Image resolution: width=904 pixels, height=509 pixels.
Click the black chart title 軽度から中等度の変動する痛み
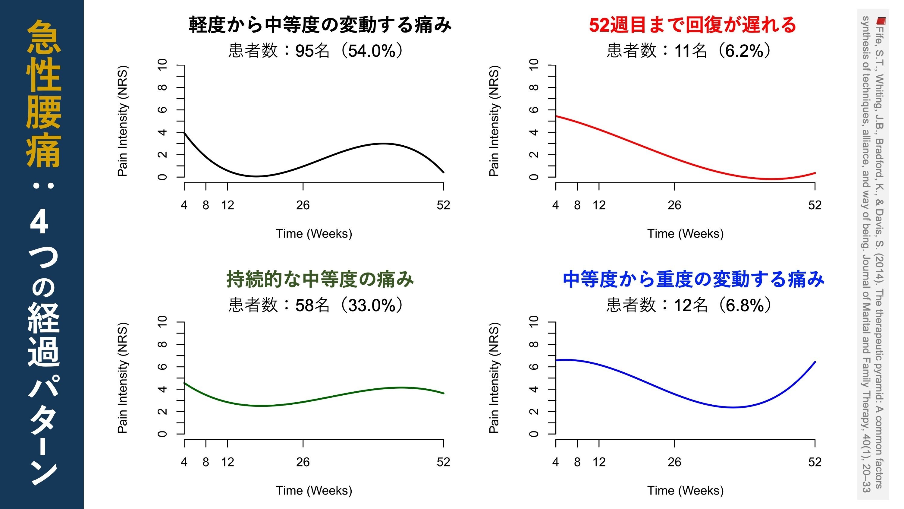(320, 25)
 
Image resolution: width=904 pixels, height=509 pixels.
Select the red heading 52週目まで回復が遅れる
(692, 25)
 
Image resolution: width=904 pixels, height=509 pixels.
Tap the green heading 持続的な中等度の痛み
(320, 280)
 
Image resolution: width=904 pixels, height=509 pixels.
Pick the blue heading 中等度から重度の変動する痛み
(693, 280)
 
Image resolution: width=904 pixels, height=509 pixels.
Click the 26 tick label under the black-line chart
(303, 205)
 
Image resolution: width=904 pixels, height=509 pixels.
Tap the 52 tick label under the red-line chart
(815, 205)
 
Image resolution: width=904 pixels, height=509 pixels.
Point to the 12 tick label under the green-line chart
(228, 462)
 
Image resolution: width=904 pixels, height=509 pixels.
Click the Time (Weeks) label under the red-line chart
(685, 234)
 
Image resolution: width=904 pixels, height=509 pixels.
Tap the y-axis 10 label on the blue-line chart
(533, 321)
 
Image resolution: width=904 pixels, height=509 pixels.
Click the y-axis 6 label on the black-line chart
(162, 109)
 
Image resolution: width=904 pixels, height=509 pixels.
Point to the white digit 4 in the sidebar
(39, 223)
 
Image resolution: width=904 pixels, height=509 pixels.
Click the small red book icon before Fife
(881, 21)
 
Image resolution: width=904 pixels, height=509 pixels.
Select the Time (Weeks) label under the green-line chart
(314, 490)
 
